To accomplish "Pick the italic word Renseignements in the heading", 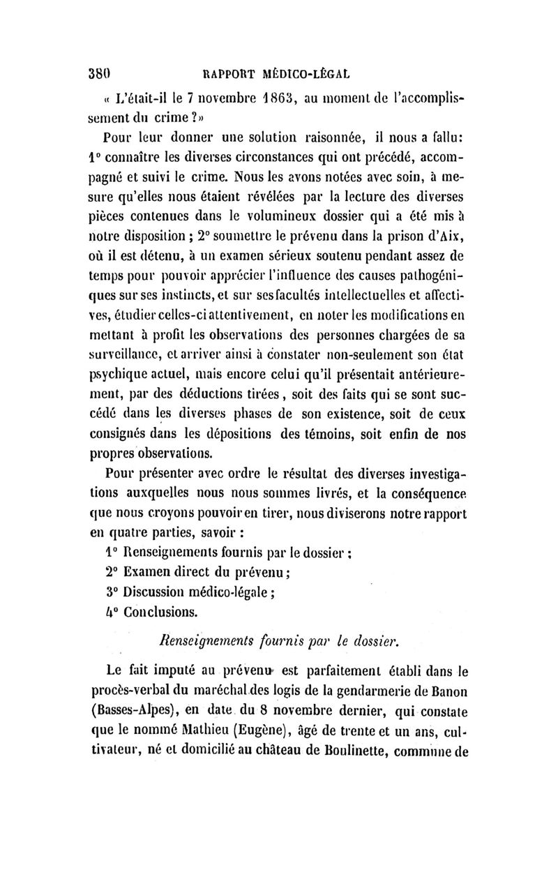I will (x=197, y=639).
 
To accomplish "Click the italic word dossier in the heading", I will (x=374, y=639).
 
